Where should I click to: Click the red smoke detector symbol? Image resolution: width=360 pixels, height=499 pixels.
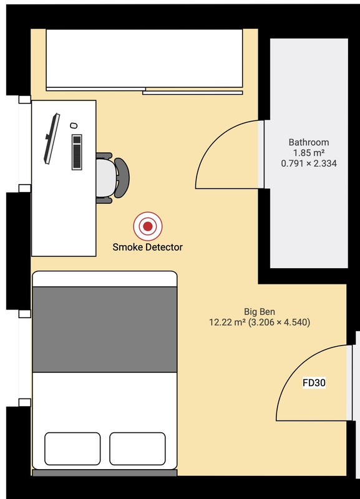coord(148,226)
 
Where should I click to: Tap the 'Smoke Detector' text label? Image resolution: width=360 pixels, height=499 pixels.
coord(148,247)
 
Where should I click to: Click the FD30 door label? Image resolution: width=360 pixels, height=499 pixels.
coord(314,382)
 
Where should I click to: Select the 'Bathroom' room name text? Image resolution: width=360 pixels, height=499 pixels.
coord(309,142)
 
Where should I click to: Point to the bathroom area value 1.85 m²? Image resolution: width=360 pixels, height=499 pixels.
coord(309,153)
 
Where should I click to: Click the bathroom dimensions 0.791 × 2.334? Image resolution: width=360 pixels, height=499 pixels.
coord(309,163)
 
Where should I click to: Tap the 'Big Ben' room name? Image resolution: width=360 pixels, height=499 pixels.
coord(260,311)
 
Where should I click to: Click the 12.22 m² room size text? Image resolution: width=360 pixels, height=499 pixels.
coord(227,322)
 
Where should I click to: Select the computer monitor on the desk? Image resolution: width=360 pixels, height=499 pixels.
coord(52,138)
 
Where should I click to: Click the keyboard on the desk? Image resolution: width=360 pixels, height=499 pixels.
coord(77,152)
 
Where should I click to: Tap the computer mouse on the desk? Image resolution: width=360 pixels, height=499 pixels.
coord(74,125)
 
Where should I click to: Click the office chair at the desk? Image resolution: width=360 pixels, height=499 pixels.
coord(112,178)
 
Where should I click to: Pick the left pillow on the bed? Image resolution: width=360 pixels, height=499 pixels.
coord(72,448)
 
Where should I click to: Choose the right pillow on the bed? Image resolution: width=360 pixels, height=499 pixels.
coord(137,448)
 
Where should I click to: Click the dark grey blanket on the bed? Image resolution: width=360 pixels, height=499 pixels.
coord(105,329)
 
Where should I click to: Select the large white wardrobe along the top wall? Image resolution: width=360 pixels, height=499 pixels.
coord(145,59)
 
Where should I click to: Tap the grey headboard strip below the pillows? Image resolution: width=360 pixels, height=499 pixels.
coord(105,473)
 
